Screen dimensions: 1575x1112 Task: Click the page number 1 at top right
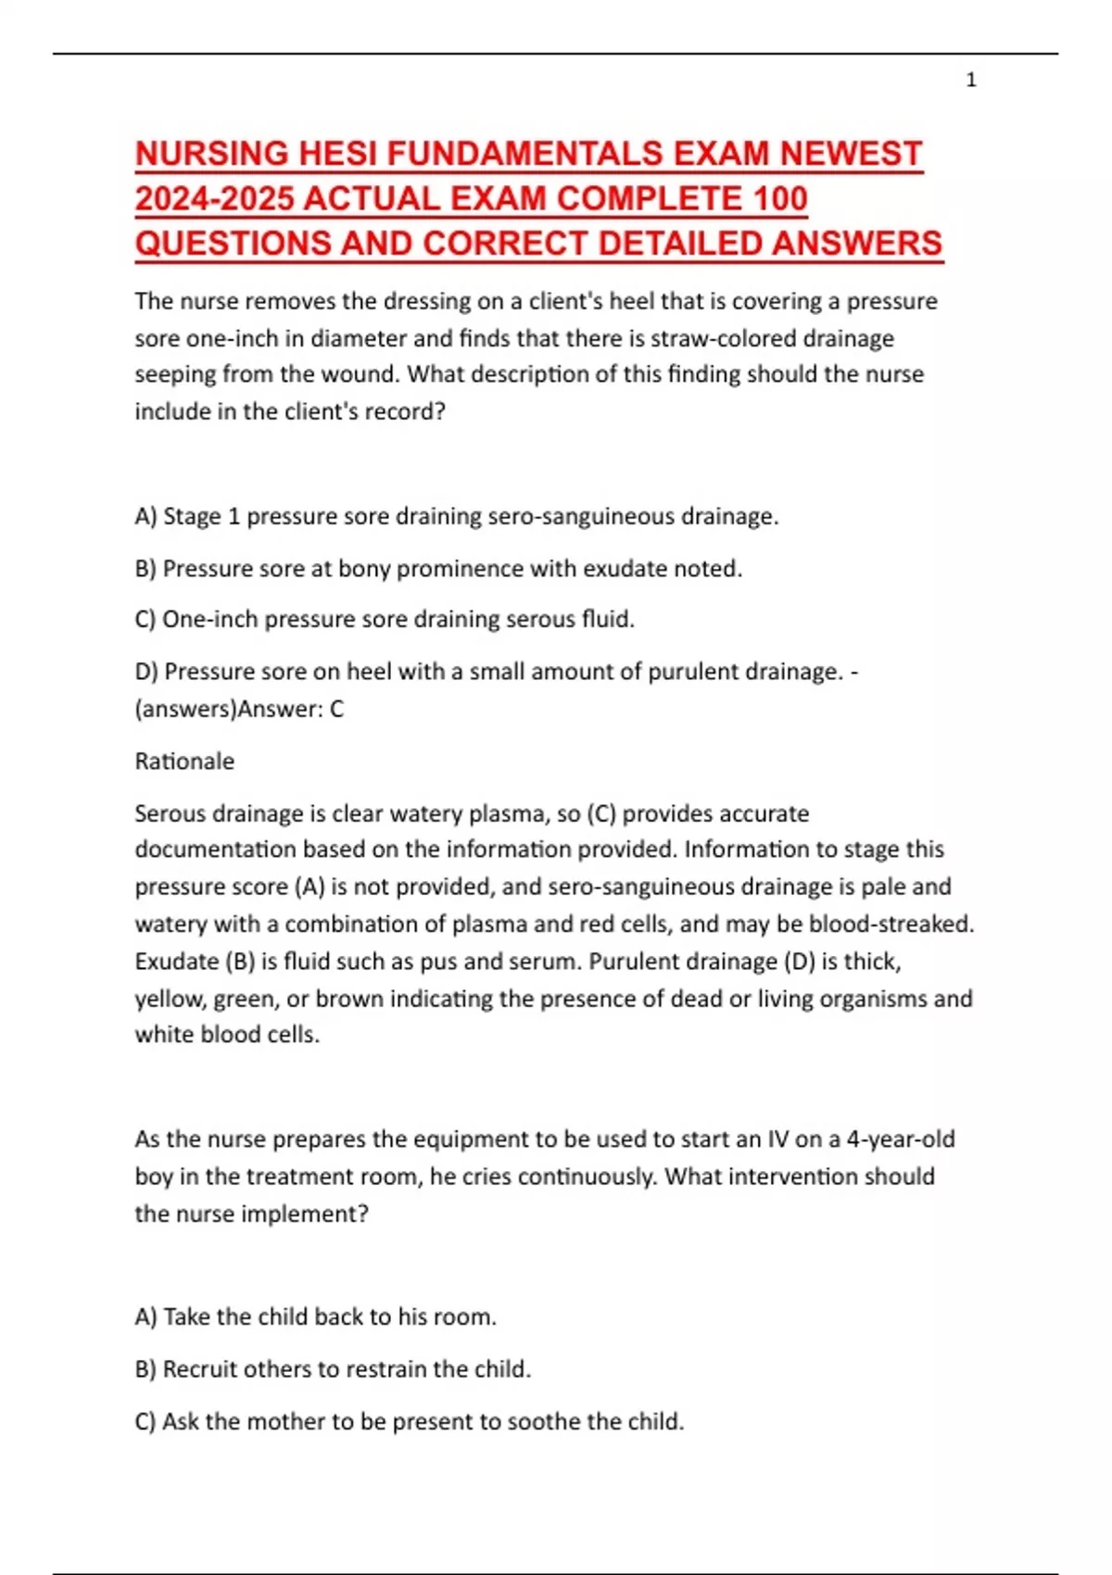[x=970, y=81]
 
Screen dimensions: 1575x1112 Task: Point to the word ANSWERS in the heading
[x=856, y=244]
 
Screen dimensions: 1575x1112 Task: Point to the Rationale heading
[x=184, y=762]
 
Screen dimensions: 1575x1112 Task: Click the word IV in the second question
[x=776, y=1140]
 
